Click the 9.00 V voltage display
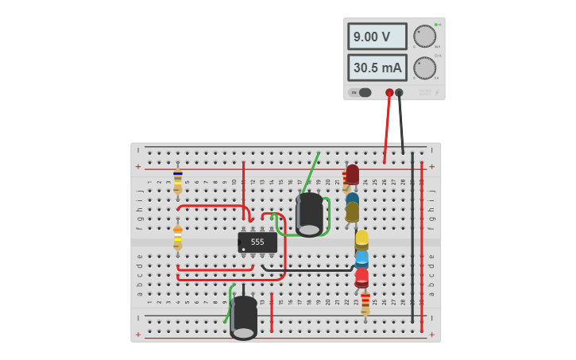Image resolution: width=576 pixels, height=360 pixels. [x=377, y=37]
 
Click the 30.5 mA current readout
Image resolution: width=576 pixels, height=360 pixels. [x=377, y=68]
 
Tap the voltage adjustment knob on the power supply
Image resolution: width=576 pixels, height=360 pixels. [x=424, y=37]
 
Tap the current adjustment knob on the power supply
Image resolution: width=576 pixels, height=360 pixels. [x=424, y=68]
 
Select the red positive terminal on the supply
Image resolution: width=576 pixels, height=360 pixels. [x=389, y=93]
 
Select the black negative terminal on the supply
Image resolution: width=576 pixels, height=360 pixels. [x=400, y=93]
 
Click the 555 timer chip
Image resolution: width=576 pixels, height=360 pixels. [x=257, y=242]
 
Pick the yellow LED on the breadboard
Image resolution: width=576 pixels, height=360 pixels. [x=361, y=239]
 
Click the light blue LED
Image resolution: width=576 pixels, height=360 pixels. [x=361, y=258]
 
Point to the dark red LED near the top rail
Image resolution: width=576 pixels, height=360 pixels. [x=353, y=174]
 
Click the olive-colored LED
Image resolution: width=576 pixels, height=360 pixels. [x=352, y=211]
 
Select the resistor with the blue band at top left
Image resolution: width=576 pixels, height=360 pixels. [x=178, y=180]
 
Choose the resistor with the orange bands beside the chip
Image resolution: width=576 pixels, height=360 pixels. [x=178, y=237]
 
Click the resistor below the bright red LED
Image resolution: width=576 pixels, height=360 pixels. [x=365, y=304]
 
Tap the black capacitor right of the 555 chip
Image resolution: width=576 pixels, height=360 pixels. [x=310, y=215]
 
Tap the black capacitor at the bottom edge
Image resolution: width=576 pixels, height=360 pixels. [x=244, y=317]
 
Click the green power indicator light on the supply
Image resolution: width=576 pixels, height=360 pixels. [x=436, y=25]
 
